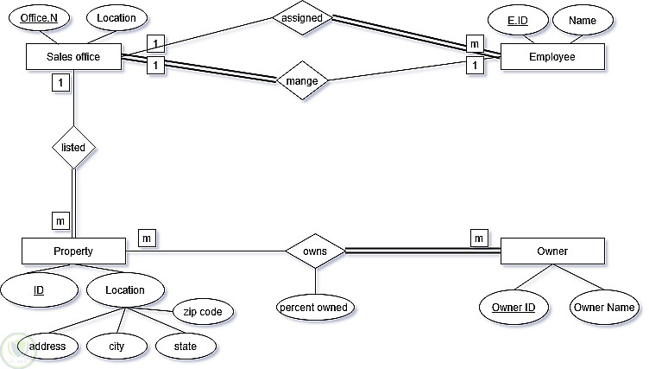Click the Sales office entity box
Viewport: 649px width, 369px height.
(73, 57)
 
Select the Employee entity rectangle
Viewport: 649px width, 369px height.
(552, 57)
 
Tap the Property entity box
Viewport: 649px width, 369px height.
(73, 251)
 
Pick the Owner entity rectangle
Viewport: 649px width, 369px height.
(552, 251)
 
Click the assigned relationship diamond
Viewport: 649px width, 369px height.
(302, 17)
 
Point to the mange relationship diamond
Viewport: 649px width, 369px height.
(302, 82)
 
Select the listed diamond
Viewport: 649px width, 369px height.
(73, 147)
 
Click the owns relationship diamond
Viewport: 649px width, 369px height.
(315, 251)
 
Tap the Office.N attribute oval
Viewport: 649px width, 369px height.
(39, 17)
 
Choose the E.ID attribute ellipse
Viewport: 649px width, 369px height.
(518, 18)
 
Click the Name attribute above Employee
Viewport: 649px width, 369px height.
(583, 18)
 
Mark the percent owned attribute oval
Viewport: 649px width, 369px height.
(315, 307)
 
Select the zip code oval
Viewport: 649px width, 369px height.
(204, 311)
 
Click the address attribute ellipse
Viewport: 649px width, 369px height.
(47, 347)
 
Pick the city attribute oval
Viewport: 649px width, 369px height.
(117, 347)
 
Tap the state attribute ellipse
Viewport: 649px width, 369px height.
(186, 347)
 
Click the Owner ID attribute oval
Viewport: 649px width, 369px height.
(514, 307)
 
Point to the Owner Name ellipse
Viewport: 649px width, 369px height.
(605, 307)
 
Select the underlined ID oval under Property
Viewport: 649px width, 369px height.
(39, 290)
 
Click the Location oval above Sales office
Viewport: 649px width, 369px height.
(117, 17)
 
